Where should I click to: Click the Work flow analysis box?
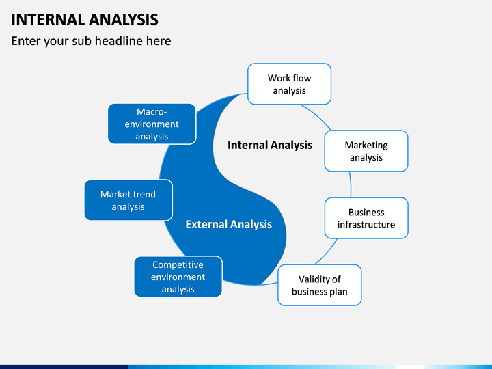[x=289, y=84]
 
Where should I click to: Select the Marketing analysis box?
[x=366, y=151]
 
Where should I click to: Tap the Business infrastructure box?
[x=366, y=218]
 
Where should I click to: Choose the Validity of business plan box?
[x=319, y=285]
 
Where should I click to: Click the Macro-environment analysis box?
[x=152, y=124]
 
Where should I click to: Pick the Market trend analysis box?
[x=128, y=200]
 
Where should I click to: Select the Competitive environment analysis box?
[x=178, y=277]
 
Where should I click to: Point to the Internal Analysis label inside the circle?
[x=270, y=145]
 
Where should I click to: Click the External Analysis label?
[x=228, y=224]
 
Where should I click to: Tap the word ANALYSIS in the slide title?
[x=123, y=20]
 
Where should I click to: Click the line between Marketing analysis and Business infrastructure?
[x=350, y=184]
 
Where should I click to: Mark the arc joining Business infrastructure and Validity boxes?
[x=327, y=252]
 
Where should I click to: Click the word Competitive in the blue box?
[x=178, y=265]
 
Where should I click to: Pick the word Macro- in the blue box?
[x=152, y=111]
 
